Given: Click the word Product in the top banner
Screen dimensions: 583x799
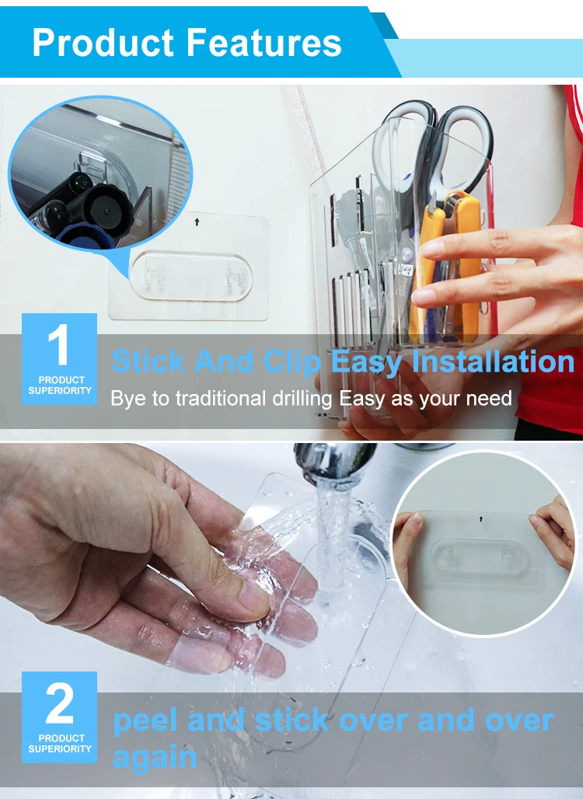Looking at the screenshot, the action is (x=103, y=43).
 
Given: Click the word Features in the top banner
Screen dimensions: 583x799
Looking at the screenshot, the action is (x=264, y=43).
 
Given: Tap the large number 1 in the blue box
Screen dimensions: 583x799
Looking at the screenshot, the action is (x=58, y=344).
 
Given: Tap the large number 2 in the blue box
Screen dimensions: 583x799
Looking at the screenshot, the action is (x=60, y=703).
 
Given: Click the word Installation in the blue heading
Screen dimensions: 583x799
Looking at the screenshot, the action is (x=493, y=361).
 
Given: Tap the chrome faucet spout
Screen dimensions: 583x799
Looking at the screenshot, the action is (x=333, y=461).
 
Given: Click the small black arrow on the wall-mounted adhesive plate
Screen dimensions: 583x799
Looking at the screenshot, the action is (x=197, y=222).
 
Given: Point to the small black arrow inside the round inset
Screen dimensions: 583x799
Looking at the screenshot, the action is (x=480, y=518).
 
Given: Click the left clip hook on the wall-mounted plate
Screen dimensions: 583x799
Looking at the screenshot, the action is (x=154, y=270).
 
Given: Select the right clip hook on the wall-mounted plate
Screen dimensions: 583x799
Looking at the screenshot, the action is (x=237, y=274).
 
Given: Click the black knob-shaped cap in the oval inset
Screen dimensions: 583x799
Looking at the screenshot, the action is (x=106, y=208).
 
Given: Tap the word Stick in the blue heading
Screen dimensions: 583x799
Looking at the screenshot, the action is (x=148, y=361).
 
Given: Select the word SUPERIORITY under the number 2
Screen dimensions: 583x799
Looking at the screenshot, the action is (x=60, y=748).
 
